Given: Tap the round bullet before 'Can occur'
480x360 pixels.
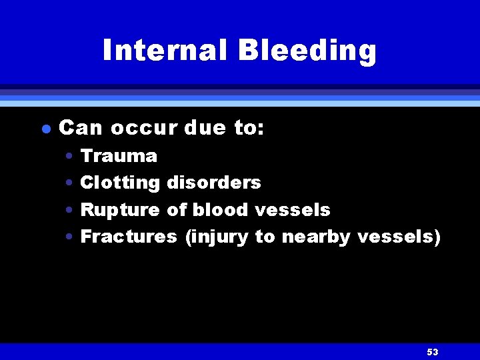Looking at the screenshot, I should click(44, 129).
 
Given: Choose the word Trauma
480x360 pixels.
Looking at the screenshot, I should click(119, 156).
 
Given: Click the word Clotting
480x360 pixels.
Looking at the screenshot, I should click(120, 183).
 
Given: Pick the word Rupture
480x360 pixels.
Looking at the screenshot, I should click(120, 210).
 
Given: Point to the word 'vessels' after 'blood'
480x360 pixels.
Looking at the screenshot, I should click(293, 210).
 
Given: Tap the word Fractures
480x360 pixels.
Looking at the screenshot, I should click(129, 237).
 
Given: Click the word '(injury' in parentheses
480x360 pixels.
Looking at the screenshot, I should click(216, 237).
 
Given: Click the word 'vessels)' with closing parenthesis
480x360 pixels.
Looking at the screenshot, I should click(399, 237).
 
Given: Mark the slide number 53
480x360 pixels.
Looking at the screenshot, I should click(432, 352).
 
